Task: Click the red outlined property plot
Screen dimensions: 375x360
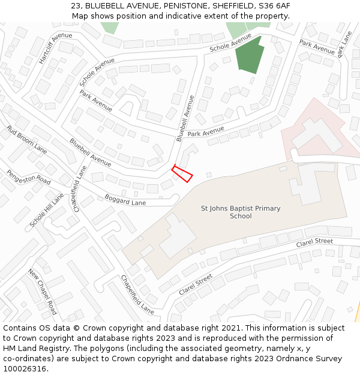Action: [182, 174]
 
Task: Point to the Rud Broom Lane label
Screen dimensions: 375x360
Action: [26, 139]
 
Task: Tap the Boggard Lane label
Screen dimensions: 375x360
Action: [125, 199]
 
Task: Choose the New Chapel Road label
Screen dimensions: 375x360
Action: [43, 292]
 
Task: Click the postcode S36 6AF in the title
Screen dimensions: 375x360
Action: [275, 5]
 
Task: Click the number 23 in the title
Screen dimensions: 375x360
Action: [75, 5]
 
